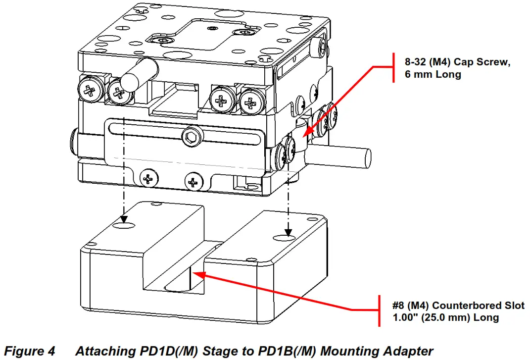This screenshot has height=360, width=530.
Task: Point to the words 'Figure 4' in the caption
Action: [x=31, y=351]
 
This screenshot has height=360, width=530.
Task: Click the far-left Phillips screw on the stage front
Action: [x=90, y=90]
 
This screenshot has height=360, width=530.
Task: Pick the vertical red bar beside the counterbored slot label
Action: [x=380, y=311]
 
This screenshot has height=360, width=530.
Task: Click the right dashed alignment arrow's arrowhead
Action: [x=288, y=231]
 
